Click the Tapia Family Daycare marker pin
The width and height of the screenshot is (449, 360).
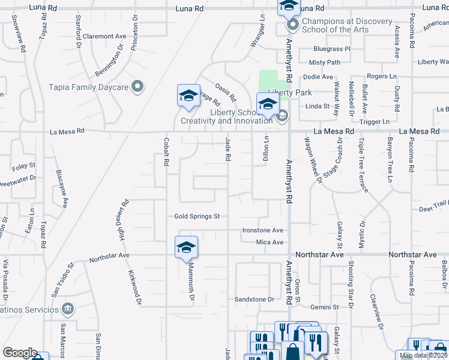(137, 87)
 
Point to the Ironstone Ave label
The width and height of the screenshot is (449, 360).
(262, 230)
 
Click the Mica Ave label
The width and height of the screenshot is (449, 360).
(270, 242)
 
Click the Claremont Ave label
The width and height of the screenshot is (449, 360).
(106, 36)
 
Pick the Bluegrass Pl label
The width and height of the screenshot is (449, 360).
(331, 49)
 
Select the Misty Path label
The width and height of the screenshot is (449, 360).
(324, 62)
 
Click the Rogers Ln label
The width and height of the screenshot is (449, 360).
(382, 76)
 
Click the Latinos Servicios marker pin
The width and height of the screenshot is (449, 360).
(68, 309)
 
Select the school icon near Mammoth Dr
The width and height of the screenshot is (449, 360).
(186, 247)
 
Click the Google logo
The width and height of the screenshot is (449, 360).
(19, 353)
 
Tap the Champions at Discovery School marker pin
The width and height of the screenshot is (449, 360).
(293, 25)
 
